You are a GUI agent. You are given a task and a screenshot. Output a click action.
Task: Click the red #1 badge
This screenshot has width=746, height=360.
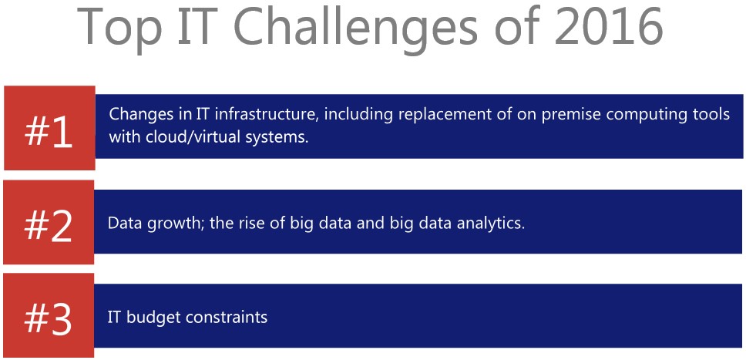coord(49,128)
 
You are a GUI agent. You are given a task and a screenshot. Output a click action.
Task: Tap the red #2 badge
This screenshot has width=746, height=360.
coord(49,222)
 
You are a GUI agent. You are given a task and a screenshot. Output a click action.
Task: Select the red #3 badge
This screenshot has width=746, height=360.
coord(49,316)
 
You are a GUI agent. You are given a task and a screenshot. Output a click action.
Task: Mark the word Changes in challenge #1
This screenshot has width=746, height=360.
coord(139,116)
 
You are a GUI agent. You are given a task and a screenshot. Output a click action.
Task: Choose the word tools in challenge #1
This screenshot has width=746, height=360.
coord(707,114)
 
